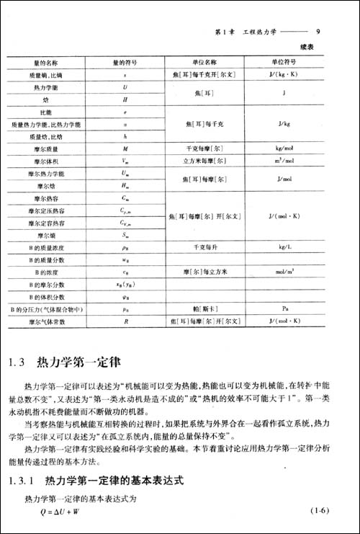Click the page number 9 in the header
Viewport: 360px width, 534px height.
pyautogui.click(x=319, y=32)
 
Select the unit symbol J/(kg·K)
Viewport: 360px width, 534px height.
pyautogui.click(x=283, y=74)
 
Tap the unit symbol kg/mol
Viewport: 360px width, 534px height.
pyautogui.click(x=283, y=148)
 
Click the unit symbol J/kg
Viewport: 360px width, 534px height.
pyautogui.click(x=283, y=123)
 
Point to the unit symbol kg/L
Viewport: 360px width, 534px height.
pyautogui.click(x=283, y=247)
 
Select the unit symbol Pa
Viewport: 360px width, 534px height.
pyautogui.click(x=283, y=308)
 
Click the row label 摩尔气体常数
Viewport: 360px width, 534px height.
pyautogui.click(x=50, y=321)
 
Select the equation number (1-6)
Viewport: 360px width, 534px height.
pyautogui.click(x=319, y=512)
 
